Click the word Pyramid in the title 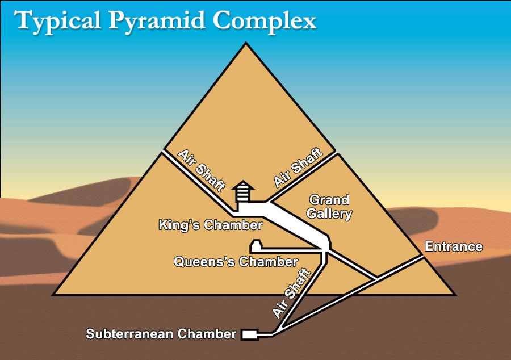[157, 22]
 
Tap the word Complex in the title [265, 22]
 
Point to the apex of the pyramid [246, 43]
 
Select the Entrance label [454, 246]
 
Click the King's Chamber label [211, 225]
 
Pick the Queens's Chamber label [236, 262]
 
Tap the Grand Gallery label [329, 207]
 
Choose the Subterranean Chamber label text [161, 334]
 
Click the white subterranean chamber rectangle [250, 334]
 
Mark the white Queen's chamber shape [256, 246]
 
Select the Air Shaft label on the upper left [202, 170]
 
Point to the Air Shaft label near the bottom [292, 293]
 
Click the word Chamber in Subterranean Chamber [207, 334]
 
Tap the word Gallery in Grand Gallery [329, 214]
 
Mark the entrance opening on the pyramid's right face [422, 257]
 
